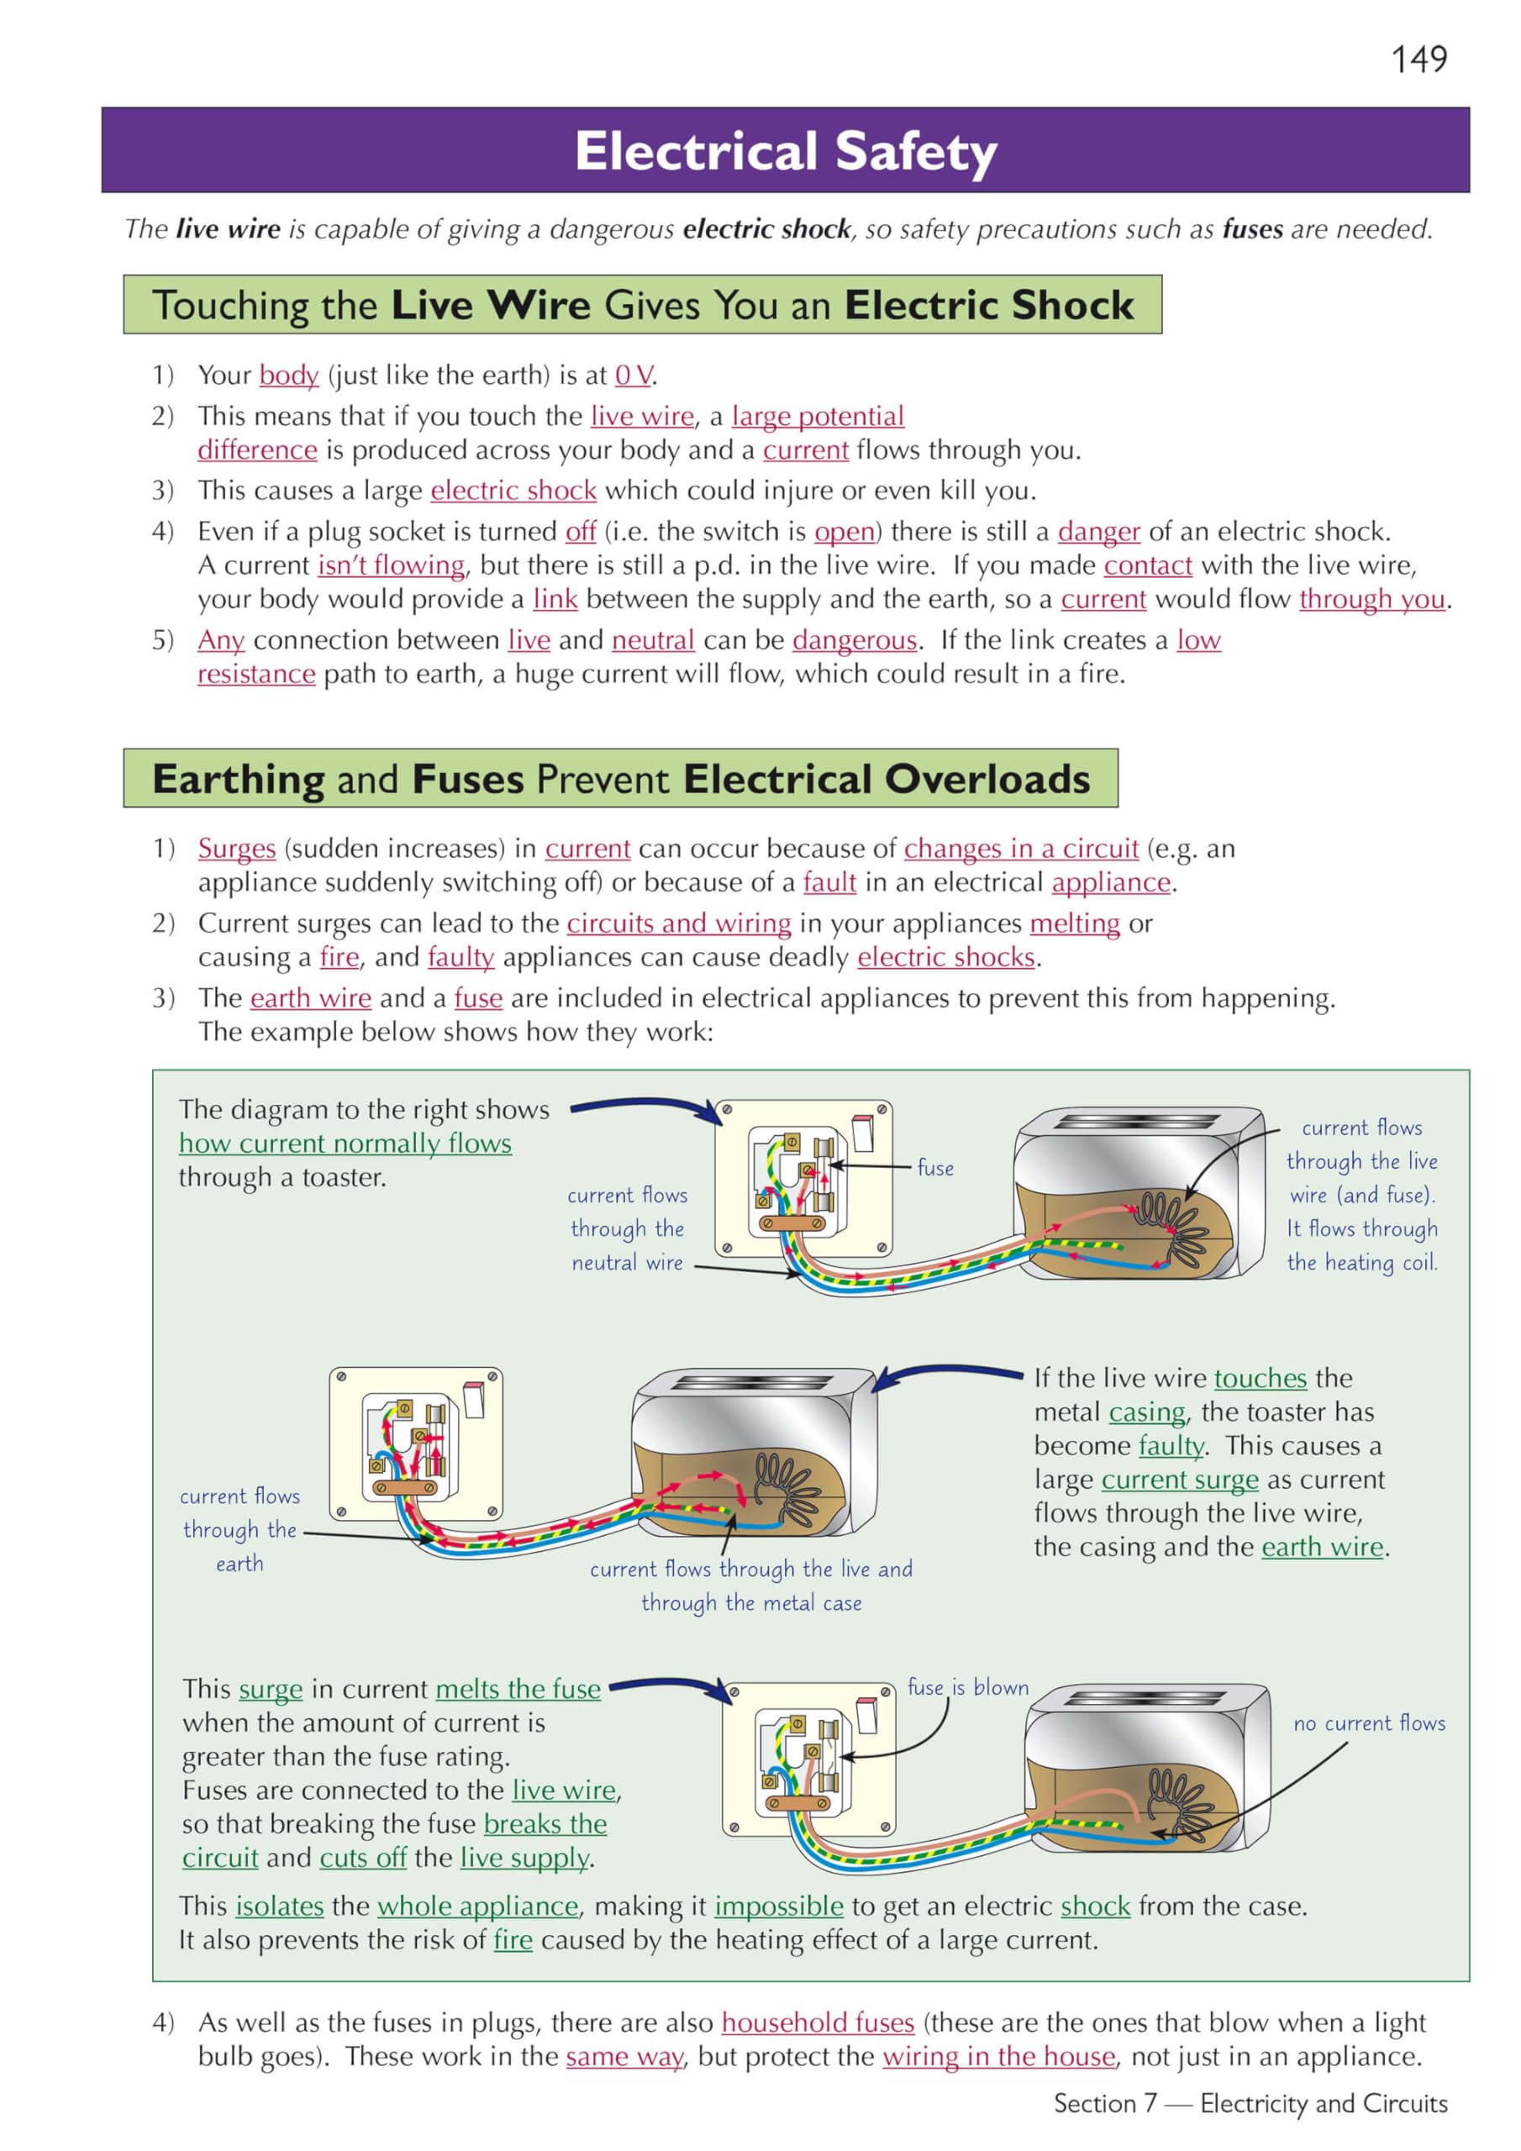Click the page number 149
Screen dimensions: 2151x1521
(1418, 60)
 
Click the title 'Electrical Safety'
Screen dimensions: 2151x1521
(786, 152)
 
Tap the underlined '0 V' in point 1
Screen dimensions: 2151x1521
(634, 376)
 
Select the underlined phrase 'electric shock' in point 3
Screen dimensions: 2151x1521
(513, 491)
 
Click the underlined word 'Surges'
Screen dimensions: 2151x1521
(236, 849)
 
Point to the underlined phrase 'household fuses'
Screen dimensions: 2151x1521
(817, 2022)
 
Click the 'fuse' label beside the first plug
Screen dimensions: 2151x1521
(934, 1167)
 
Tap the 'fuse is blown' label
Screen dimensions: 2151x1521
(967, 1687)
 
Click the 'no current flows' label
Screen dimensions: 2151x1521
(1368, 1722)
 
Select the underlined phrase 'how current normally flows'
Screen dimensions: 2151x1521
(345, 1144)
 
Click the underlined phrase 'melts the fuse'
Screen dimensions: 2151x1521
(518, 1689)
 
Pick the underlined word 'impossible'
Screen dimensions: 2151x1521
(779, 1906)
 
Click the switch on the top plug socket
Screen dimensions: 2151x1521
(862, 1133)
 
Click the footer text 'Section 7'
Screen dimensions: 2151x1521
(1105, 2104)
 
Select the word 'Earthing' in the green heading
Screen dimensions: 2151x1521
(238, 780)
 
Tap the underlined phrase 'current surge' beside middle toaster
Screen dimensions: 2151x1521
(1179, 1480)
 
